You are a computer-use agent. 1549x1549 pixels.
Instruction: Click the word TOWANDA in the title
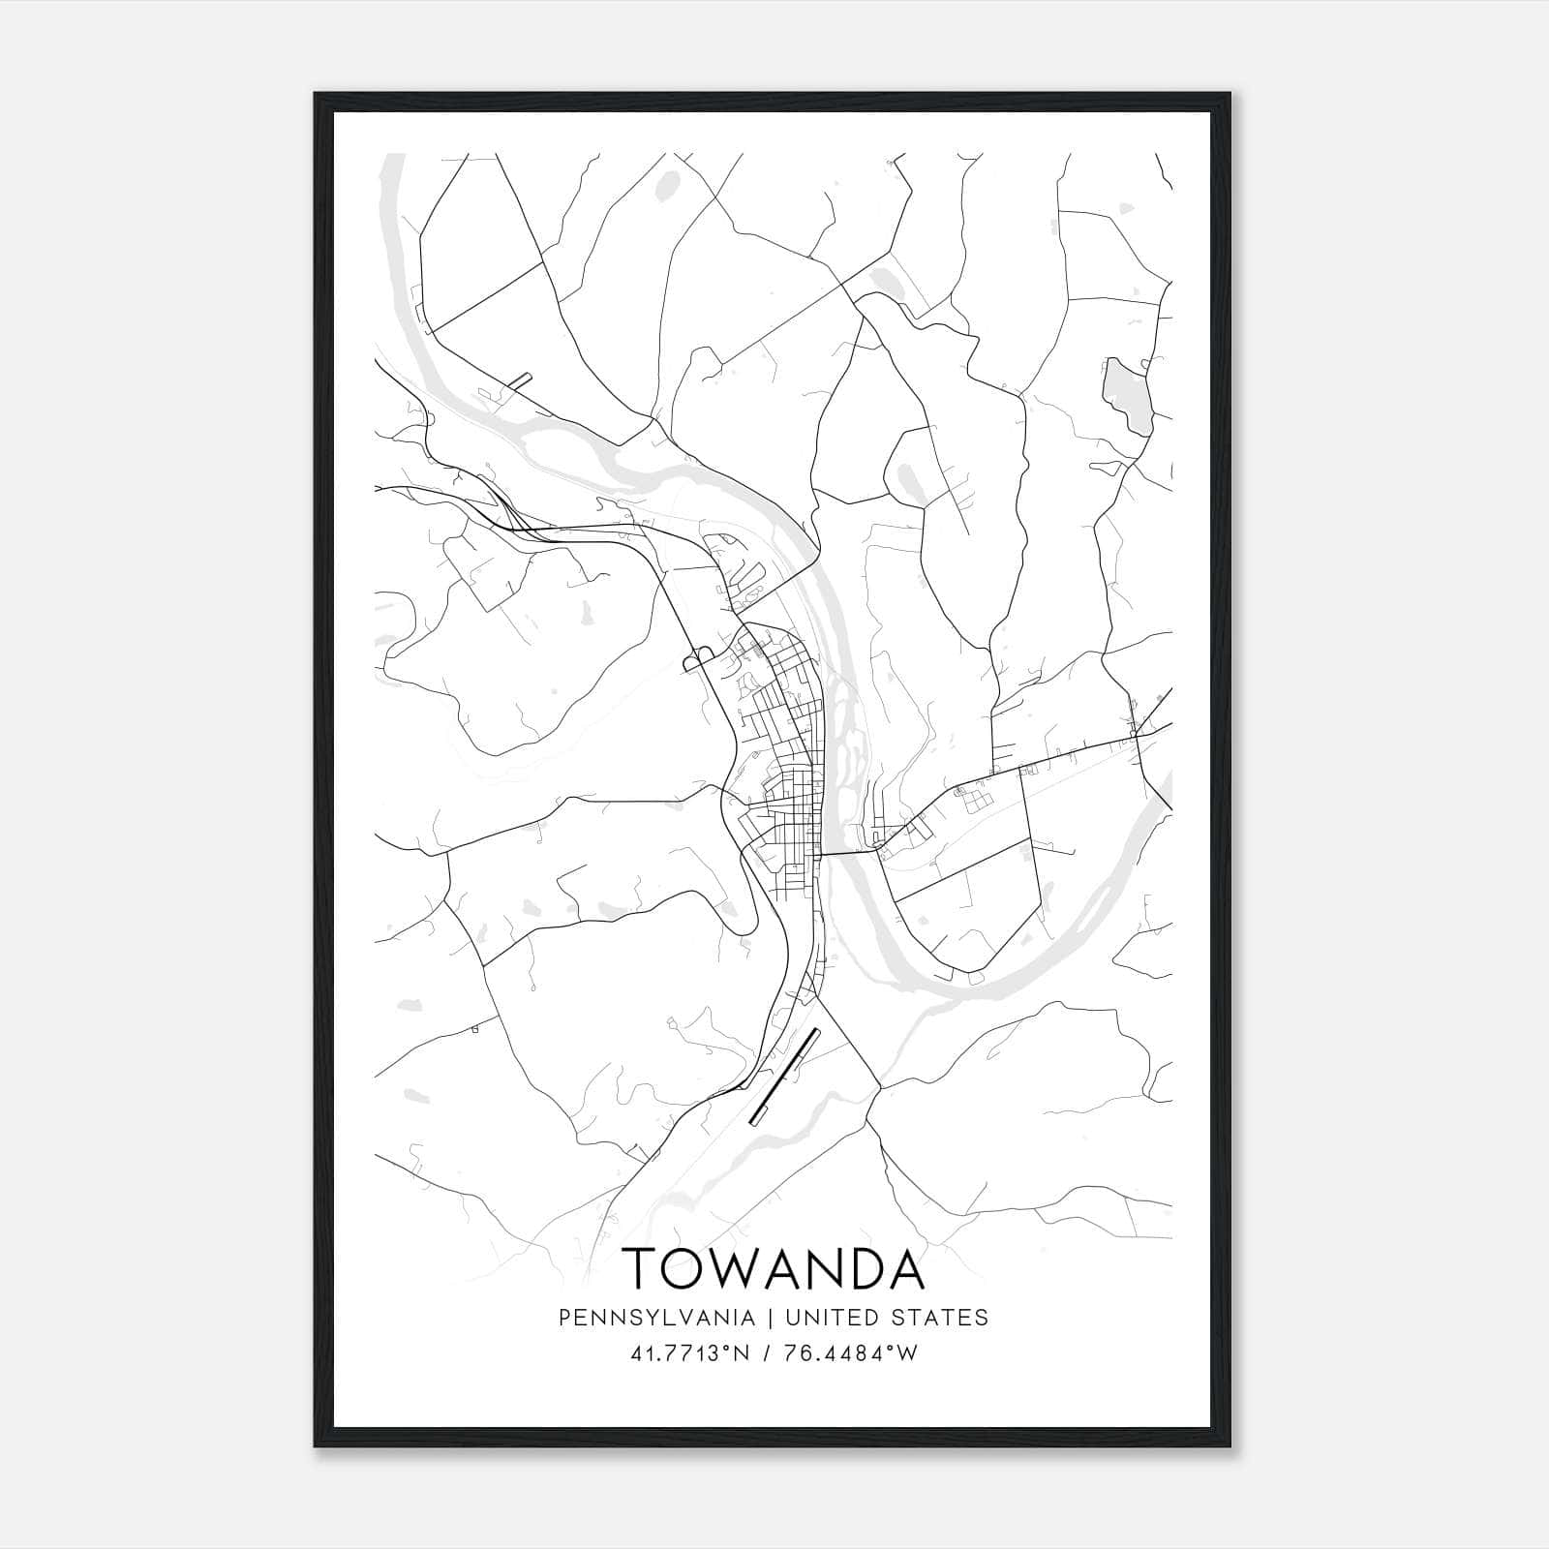(x=773, y=1268)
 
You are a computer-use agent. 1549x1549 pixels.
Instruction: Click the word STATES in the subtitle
(x=939, y=1317)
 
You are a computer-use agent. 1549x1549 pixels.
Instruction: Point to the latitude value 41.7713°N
(x=690, y=1353)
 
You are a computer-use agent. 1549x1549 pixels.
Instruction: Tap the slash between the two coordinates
(x=766, y=1353)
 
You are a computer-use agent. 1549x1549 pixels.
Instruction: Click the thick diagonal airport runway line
(x=785, y=1076)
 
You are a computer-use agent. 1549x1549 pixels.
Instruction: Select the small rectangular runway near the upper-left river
(x=521, y=379)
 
